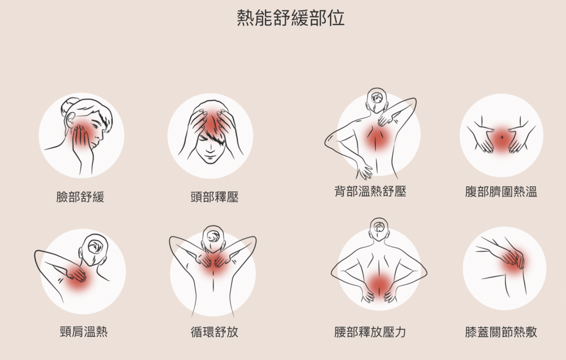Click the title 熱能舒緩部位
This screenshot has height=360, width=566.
pos(290,18)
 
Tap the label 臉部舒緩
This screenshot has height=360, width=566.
pos(80,197)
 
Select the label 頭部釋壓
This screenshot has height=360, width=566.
pos(215,197)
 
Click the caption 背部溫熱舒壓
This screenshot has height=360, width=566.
pos(370,191)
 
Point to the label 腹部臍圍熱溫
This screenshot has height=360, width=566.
pos(501,191)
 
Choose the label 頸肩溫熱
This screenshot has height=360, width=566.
pos(84,331)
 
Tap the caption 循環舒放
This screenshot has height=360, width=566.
pos(215,332)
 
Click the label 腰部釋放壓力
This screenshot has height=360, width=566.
pos(370,332)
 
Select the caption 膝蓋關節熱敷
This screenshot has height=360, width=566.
pos(501,332)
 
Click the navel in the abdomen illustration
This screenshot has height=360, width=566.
pos(501,137)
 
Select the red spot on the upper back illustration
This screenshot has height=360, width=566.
pos(378,137)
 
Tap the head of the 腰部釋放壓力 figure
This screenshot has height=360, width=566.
pos(379,229)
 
